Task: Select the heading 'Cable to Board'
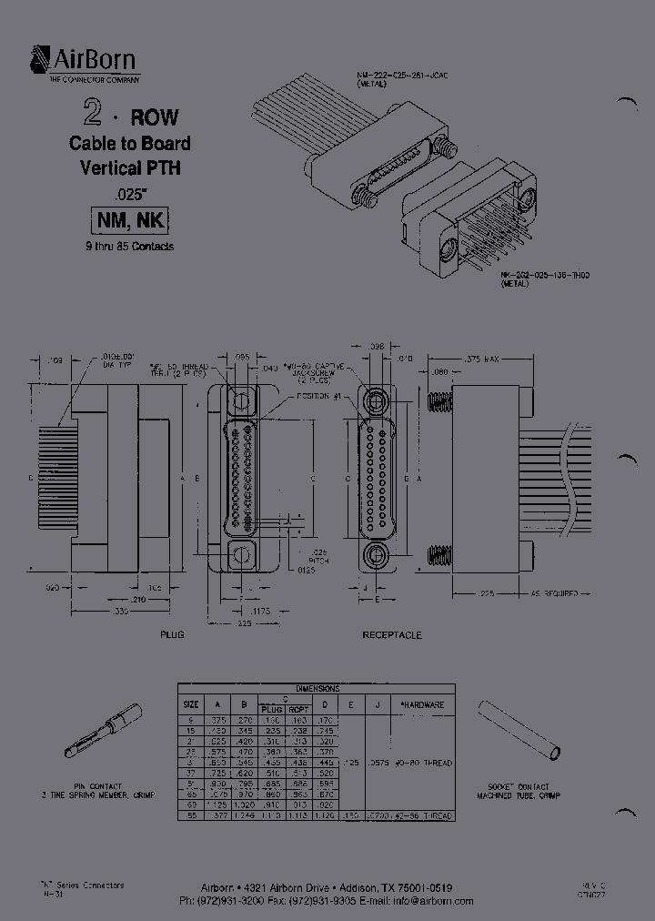130,144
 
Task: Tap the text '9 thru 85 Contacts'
130,247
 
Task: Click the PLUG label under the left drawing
172,634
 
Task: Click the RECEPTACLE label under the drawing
392,634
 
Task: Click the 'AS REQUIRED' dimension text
557,593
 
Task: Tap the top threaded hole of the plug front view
240,400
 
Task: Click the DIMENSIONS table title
317,689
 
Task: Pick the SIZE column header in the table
192,704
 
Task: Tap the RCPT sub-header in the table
299,709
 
